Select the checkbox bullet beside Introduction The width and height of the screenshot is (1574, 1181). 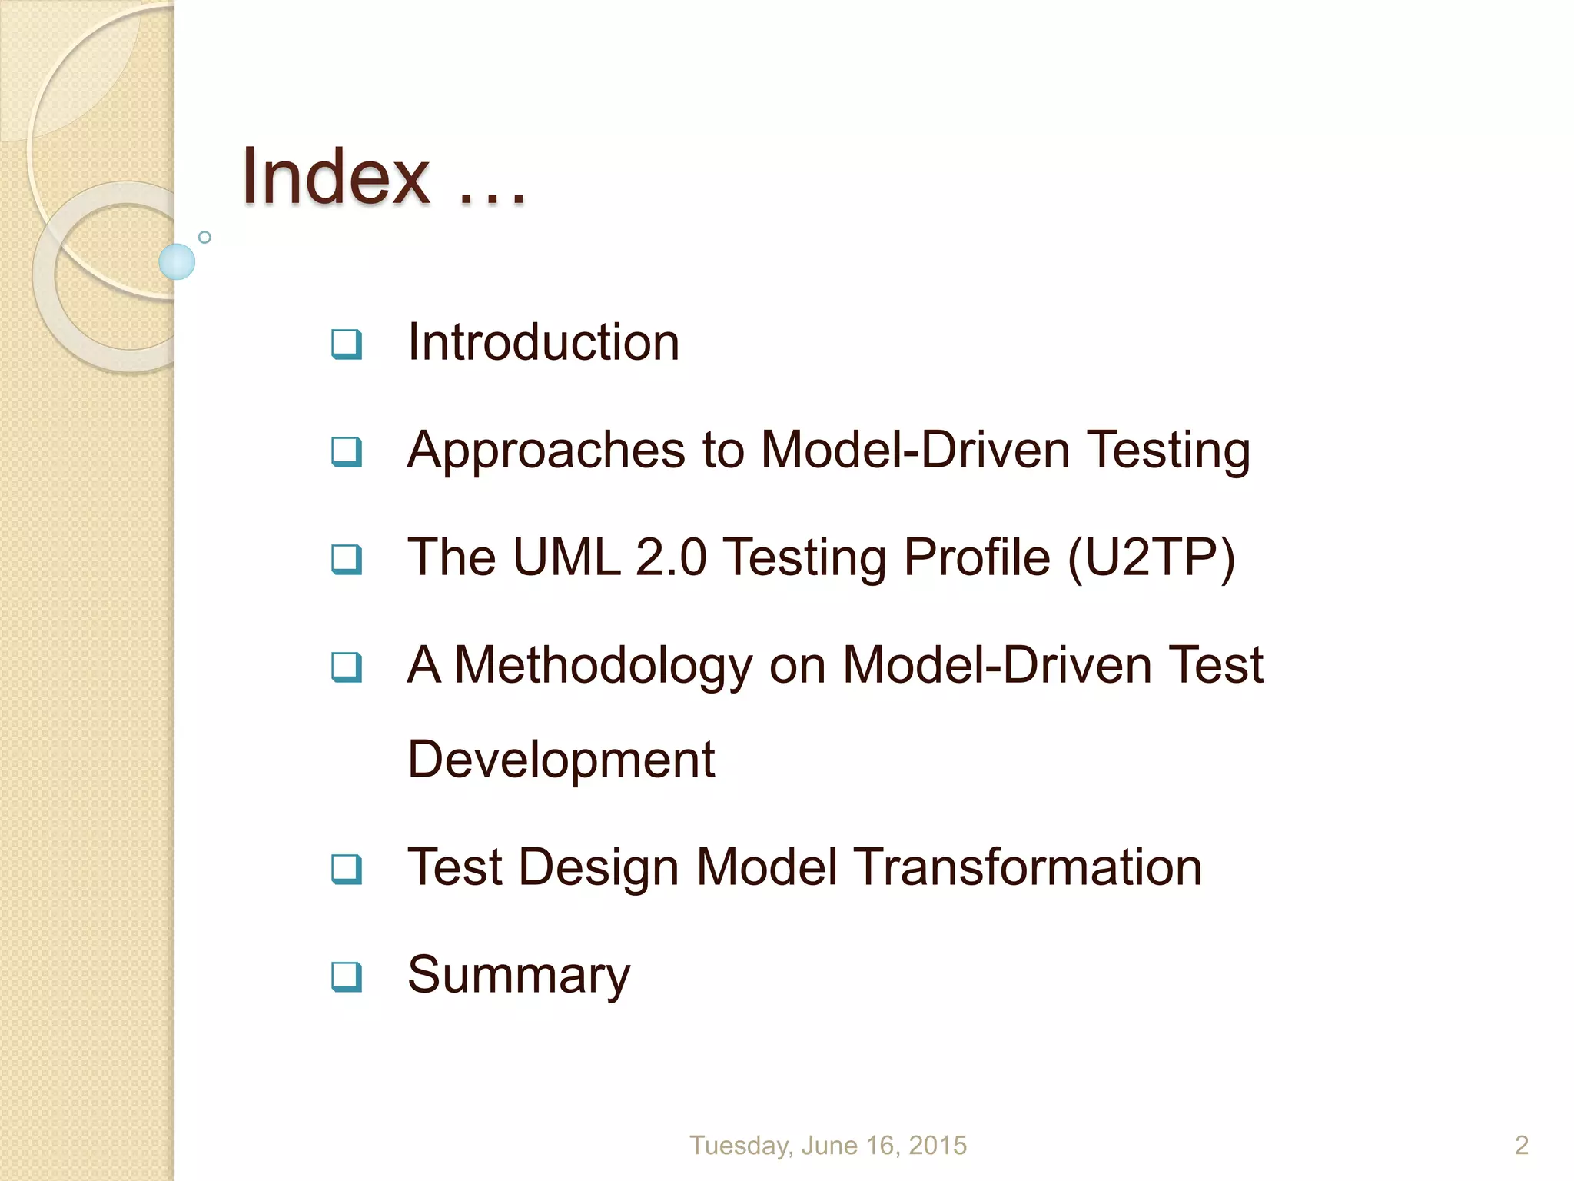pyautogui.click(x=346, y=344)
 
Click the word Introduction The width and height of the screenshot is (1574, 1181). pyautogui.click(x=543, y=342)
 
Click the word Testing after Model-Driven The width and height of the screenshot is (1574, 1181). pyautogui.click(x=1168, y=451)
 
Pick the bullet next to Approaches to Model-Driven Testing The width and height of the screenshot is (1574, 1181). pyautogui.click(x=346, y=451)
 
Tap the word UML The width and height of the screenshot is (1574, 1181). pyautogui.click(x=566, y=557)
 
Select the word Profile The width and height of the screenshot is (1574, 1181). pyautogui.click(x=976, y=557)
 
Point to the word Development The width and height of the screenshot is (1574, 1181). pyautogui.click(x=561, y=760)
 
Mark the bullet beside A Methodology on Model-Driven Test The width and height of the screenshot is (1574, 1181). pyautogui.click(x=346, y=667)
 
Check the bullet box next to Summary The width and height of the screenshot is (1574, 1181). pyautogui.click(x=346, y=976)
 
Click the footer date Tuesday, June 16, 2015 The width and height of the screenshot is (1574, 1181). pyautogui.click(x=828, y=1146)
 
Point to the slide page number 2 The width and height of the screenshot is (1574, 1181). pyautogui.click(x=1521, y=1146)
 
